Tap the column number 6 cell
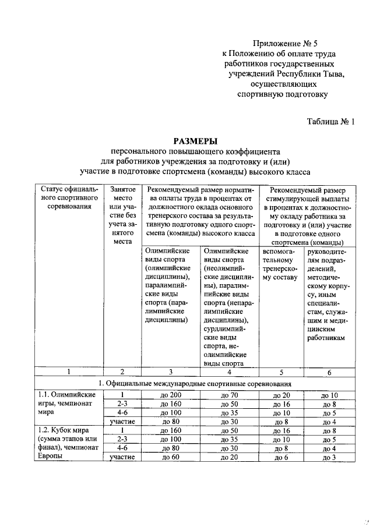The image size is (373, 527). pos(329,372)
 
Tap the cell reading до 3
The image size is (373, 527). pos(329,458)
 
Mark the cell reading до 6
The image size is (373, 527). pos(281,458)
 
